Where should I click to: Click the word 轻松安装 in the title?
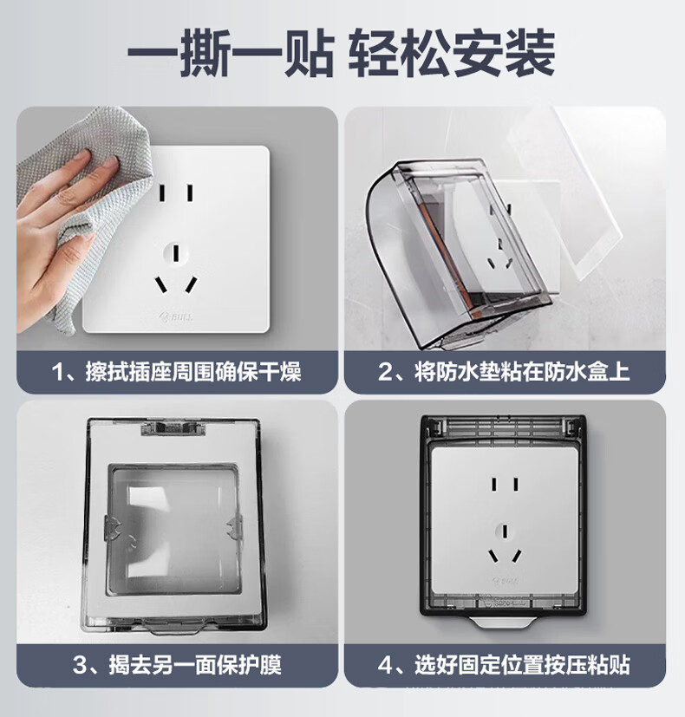[x=452, y=53]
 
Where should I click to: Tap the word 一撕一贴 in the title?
[x=231, y=53]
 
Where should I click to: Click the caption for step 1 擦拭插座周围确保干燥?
[x=177, y=372]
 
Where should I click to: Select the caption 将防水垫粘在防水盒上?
[x=504, y=372]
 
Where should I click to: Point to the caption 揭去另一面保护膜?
[x=177, y=664]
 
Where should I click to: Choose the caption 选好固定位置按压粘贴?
[x=504, y=664]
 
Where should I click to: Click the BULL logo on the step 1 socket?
[x=176, y=317]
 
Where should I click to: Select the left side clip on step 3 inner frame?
[x=113, y=530]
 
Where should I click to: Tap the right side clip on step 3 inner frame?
[x=234, y=530]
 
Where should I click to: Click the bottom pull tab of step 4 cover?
[x=503, y=622]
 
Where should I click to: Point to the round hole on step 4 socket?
[x=505, y=532]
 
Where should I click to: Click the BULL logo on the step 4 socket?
[x=506, y=581]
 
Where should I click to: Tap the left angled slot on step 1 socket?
[x=161, y=285]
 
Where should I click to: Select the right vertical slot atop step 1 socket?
[x=190, y=192]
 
